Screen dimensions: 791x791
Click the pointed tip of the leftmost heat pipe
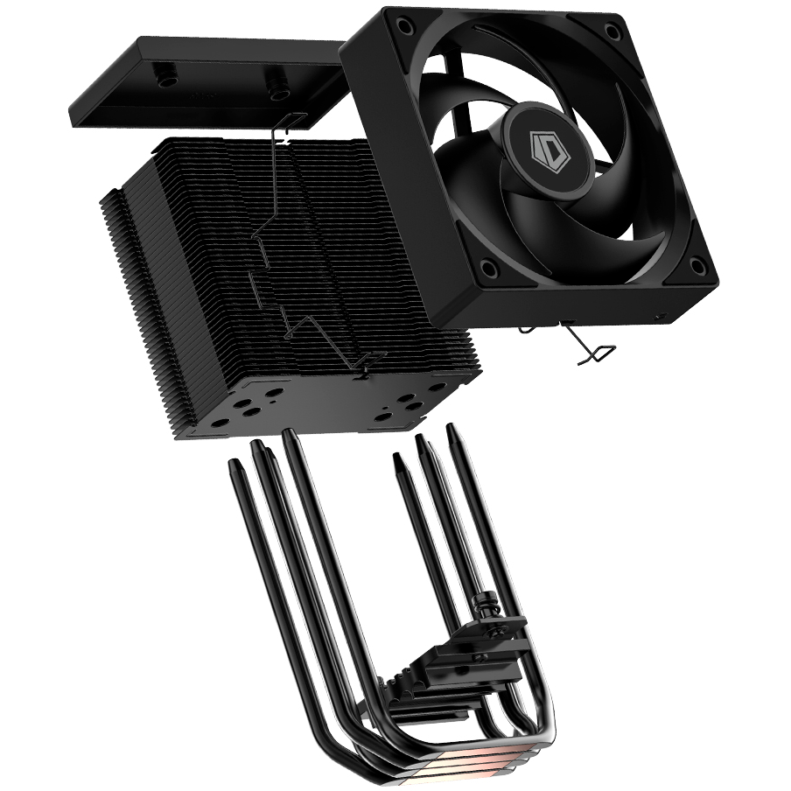click(x=234, y=463)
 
